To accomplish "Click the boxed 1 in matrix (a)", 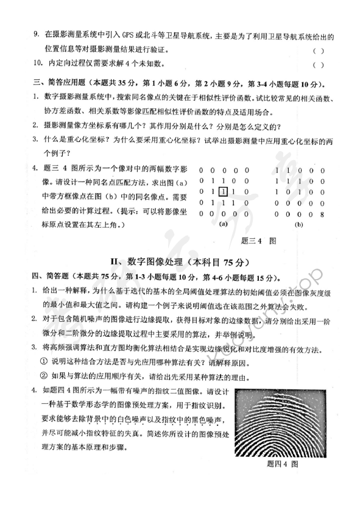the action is [224, 192].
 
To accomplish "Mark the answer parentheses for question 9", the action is [317, 50].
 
